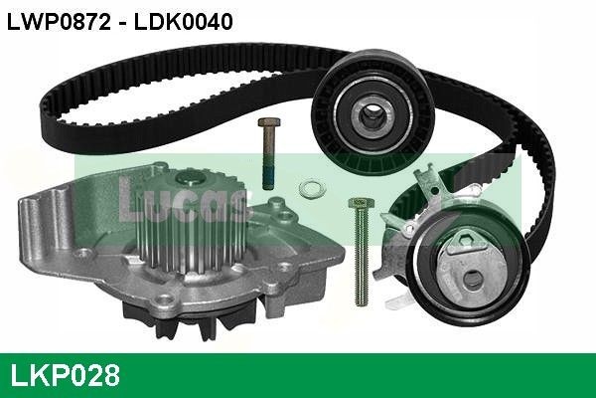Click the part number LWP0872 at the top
coord(59,22)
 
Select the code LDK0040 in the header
coord(183,22)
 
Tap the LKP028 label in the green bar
coord(66,375)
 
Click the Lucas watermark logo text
coord(183,202)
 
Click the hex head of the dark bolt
coord(269,122)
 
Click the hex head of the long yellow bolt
coord(361,203)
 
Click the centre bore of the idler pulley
coord(372,113)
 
